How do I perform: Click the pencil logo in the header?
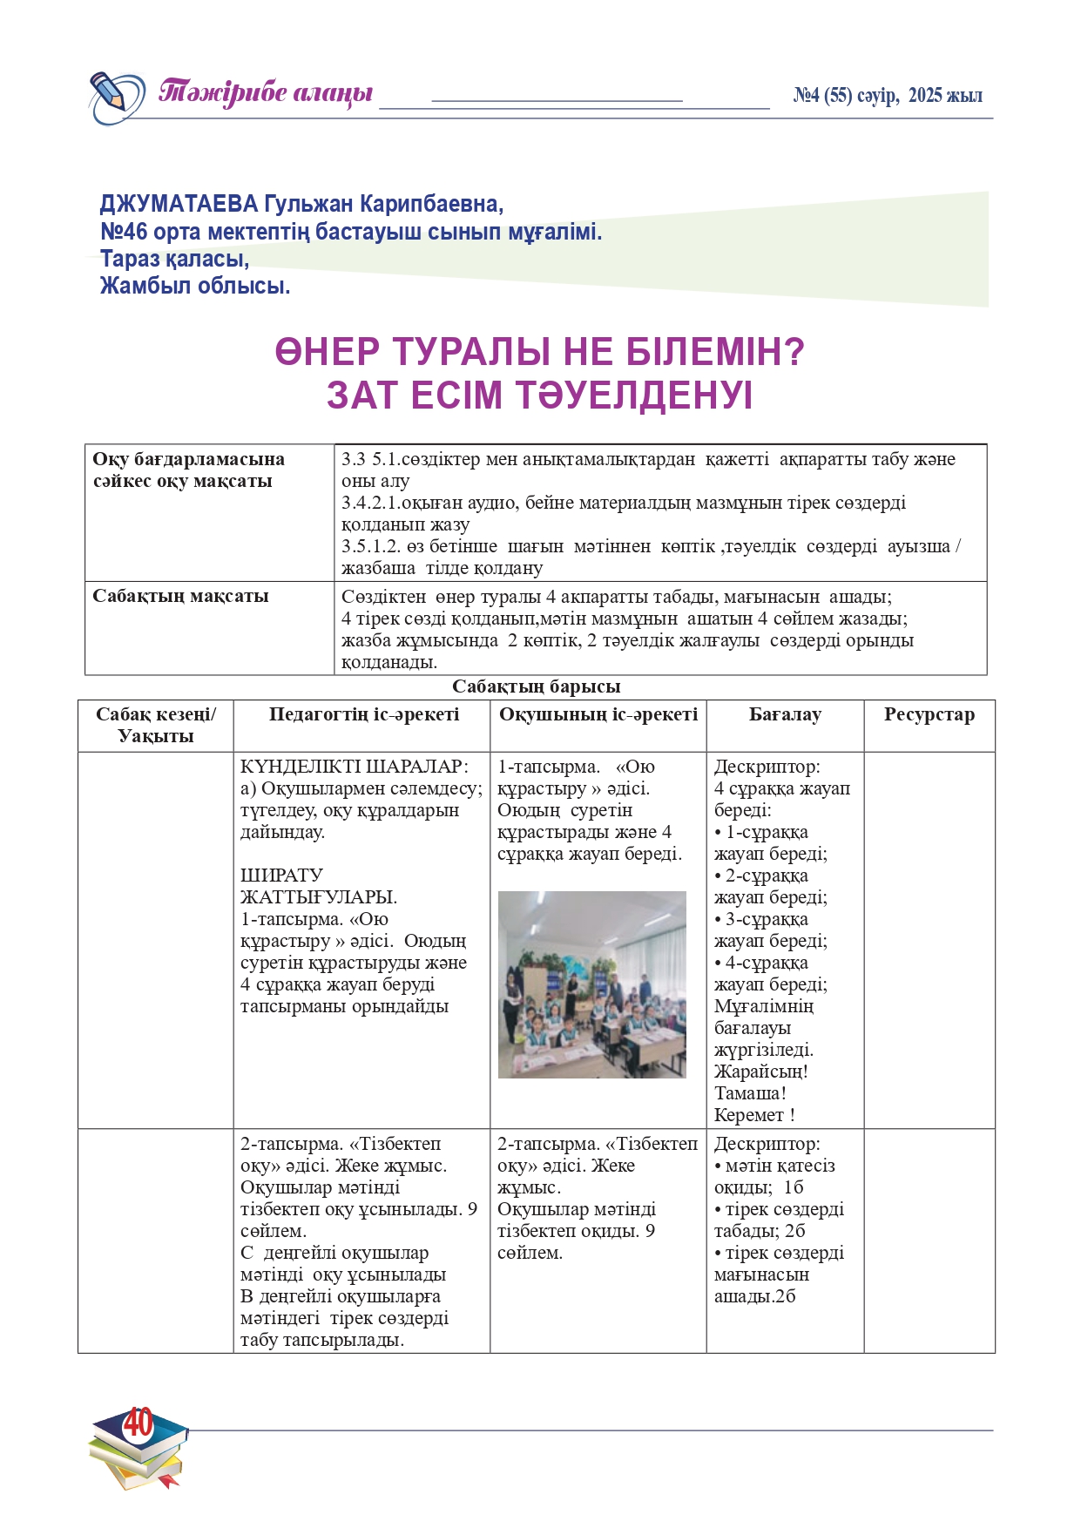[x=116, y=97]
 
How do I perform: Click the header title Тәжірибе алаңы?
[x=266, y=92]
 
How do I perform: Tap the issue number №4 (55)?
[x=822, y=96]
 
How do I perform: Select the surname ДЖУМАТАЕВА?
[x=179, y=205]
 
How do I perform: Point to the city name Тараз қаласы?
[x=174, y=259]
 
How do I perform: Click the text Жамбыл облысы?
[x=195, y=286]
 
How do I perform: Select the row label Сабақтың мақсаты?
[x=180, y=597]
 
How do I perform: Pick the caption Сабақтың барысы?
[x=536, y=686]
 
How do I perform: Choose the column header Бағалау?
[x=785, y=715]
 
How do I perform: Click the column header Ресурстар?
[x=929, y=715]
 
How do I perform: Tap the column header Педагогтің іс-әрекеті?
[x=363, y=715]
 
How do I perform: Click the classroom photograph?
[x=591, y=984]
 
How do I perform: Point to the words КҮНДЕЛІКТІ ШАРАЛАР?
[x=354, y=767]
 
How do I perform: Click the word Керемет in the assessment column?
[x=749, y=1115]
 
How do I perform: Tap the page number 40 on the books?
[x=138, y=1423]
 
